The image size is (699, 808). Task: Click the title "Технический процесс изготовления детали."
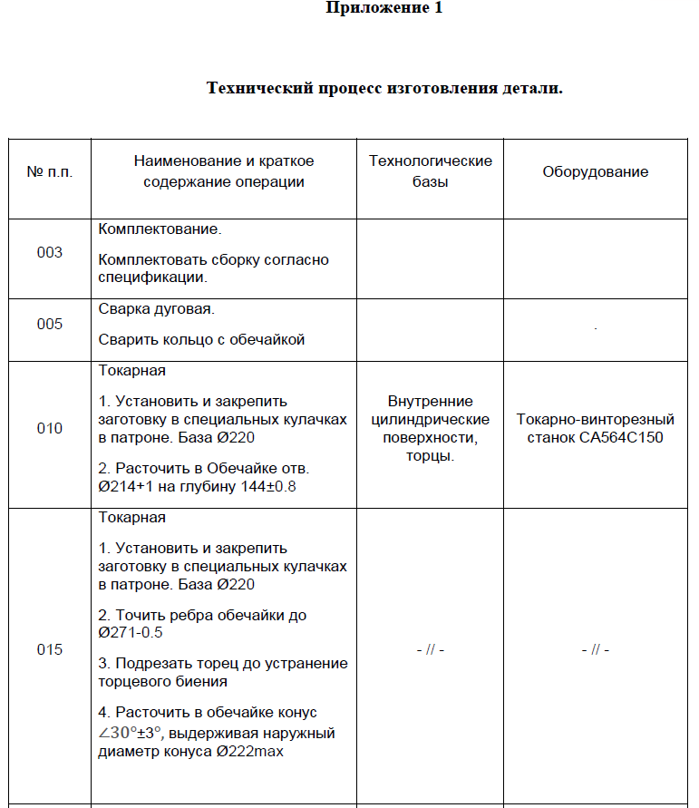(x=384, y=88)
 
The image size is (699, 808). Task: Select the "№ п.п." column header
(x=50, y=171)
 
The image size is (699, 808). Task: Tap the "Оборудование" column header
(x=596, y=171)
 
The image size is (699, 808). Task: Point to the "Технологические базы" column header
(x=431, y=171)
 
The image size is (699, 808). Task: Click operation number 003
(x=50, y=252)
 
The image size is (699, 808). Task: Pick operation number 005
(x=50, y=324)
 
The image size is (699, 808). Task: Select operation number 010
(x=50, y=428)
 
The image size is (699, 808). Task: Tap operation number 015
(x=50, y=649)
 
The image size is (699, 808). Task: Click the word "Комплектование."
(x=159, y=229)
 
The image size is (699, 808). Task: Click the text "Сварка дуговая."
(x=155, y=308)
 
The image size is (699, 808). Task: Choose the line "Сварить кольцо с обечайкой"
(x=201, y=340)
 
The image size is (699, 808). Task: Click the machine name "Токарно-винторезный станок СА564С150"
(x=596, y=428)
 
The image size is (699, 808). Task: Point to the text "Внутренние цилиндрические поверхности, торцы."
(x=431, y=428)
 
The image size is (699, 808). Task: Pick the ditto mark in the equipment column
(x=596, y=650)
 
